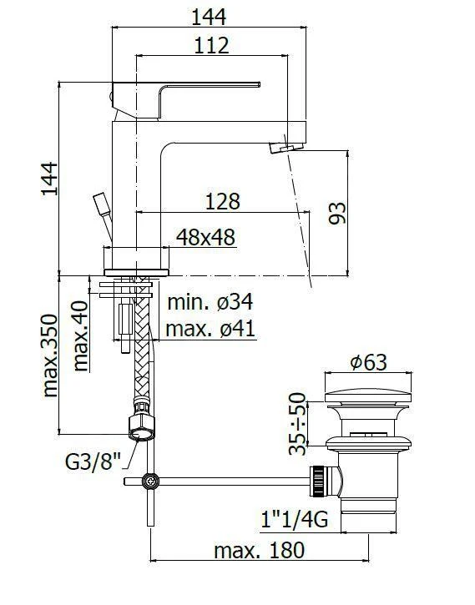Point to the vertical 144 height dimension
[x=49, y=179]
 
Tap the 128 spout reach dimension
[x=222, y=201]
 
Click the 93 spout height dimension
[x=336, y=213]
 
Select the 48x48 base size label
[x=205, y=238]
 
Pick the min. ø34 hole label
[x=210, y=301]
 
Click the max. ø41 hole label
[x=210, y=328]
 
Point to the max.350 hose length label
[x=49, y=355]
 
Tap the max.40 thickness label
[x=82, y=335]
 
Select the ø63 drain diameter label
[x=368, y=362]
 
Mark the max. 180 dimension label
[x=259, y=550]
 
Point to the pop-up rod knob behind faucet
[x=100, y=203]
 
